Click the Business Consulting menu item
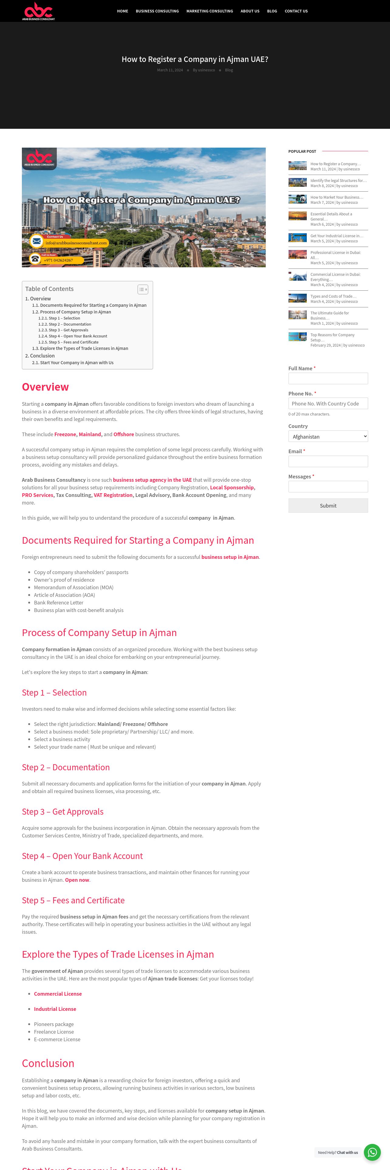click(157, 11)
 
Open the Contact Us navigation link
click(296, 11)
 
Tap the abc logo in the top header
click(39, 11)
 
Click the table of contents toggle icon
click(142, 289)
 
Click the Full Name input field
click(328, 378)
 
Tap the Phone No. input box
click(328, 403)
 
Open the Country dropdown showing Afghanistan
click(328, 436)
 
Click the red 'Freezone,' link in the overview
click(65, 434)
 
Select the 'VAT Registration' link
click(113, 495)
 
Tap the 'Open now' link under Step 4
click(77, 880)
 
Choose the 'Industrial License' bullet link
click(55, 1009)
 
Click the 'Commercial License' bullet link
click(58, 994)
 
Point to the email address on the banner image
click(76, 243)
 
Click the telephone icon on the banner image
click(35, 259)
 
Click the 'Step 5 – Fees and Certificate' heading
click(73, 900)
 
